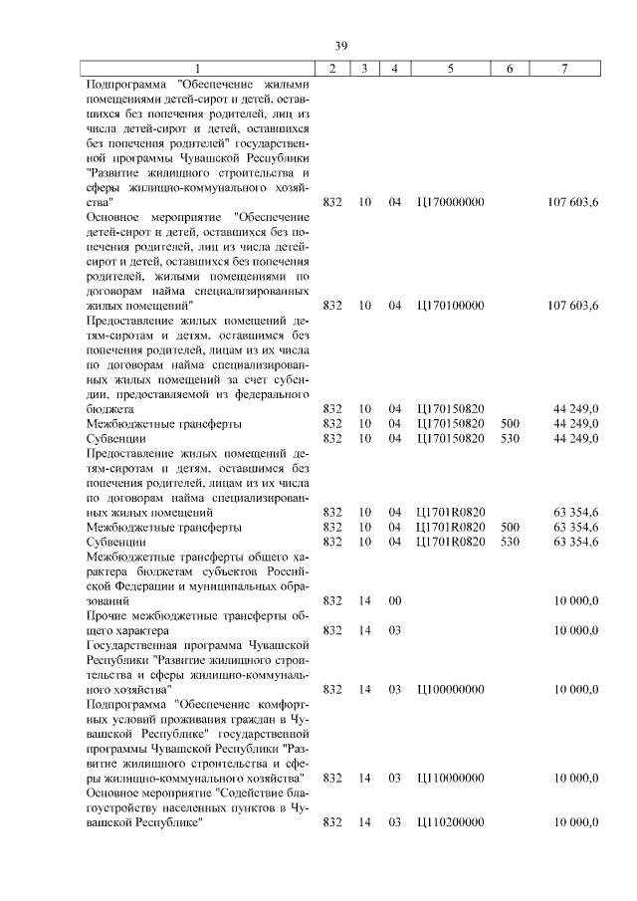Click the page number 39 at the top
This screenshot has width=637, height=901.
tap(340, 46)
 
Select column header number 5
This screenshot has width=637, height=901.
tap(451, 68)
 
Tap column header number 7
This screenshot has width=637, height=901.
tap(564, 68)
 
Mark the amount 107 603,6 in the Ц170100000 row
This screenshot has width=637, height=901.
tap(572, 306)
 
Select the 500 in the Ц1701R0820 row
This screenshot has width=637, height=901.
tap(510, 527)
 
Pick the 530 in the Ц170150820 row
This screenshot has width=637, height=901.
tap(510, 438)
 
